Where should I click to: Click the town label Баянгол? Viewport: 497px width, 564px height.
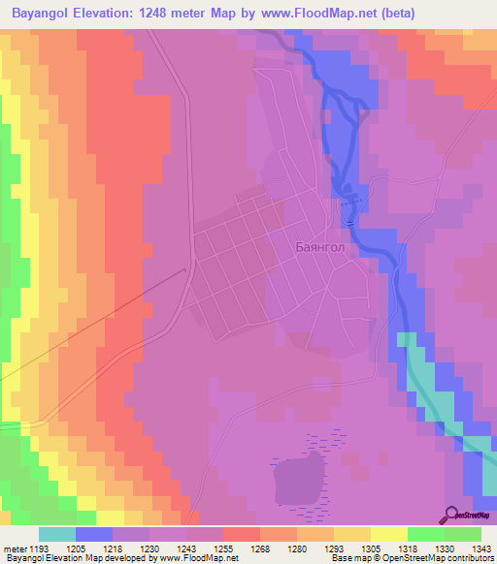[320, 247]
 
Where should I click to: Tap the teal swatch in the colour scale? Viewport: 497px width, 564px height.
[56, 534]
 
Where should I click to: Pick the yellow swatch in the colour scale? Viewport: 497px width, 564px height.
[388, 534]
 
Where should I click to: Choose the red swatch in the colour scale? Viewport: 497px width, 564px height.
[241, 534]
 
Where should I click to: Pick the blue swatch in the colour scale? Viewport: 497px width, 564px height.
[93, 534]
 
